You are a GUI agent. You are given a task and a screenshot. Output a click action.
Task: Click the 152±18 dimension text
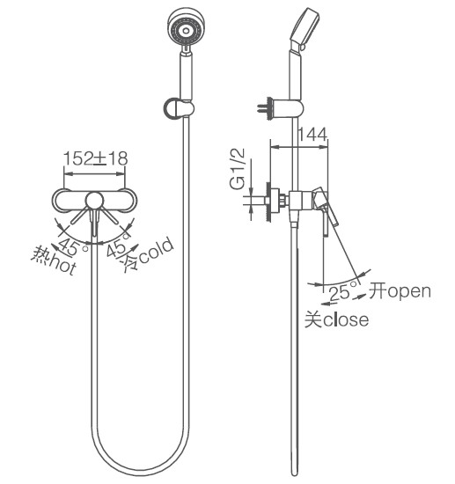[95, 158]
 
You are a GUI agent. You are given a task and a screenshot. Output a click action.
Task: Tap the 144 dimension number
[312, 135]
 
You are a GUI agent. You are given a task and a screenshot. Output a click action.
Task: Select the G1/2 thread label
[237, 169]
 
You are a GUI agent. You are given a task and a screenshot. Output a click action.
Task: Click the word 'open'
[409, 292]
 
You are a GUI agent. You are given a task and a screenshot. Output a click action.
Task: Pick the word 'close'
[346, 319]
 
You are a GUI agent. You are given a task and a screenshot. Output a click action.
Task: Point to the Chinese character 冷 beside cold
[130, 263]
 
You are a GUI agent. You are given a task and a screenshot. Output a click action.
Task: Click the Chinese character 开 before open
[378, 290]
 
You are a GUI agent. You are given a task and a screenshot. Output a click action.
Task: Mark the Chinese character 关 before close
[313, 319]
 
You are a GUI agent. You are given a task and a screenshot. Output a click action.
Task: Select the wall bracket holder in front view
[179, 108]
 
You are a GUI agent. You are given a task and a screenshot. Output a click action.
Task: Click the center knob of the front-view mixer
[94, 201]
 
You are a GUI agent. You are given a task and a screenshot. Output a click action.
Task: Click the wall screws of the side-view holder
[262, 108]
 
